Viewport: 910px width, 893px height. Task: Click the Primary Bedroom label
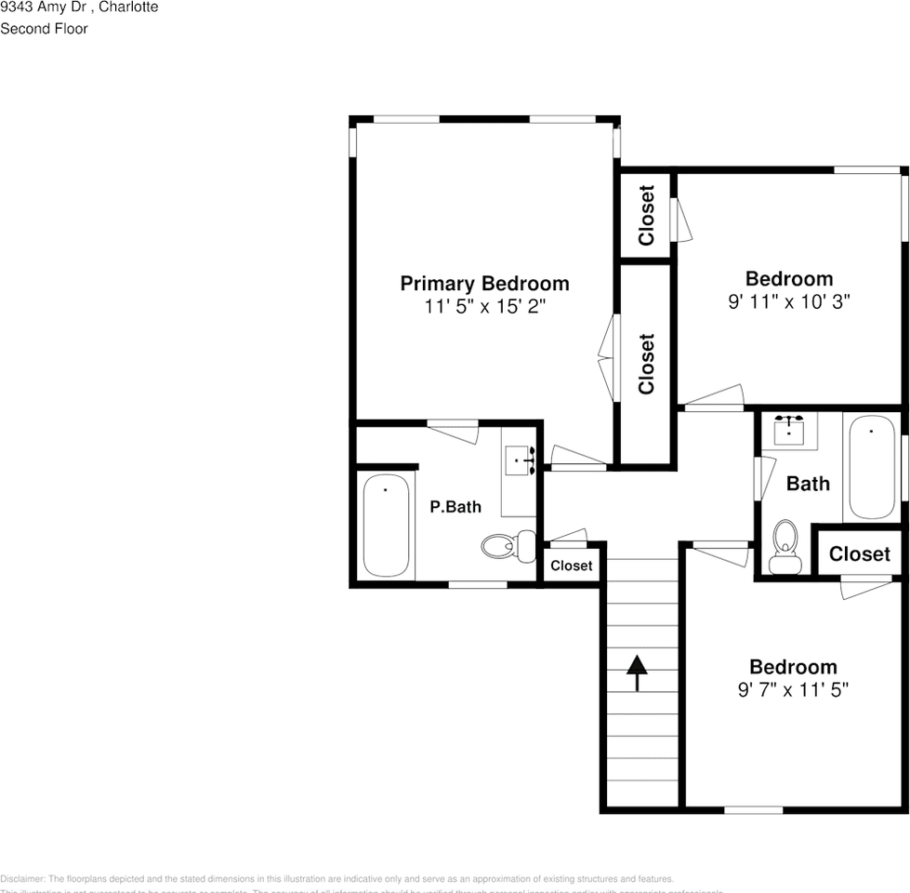click(484, 284)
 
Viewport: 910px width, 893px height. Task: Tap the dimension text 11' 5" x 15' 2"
click(484, 307)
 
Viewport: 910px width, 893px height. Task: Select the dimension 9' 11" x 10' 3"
click(789, 301)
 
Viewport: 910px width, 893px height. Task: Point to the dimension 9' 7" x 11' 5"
click(793, 690)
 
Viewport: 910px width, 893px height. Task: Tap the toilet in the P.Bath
click(508, 545)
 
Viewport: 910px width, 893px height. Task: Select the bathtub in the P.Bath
click(385, 526)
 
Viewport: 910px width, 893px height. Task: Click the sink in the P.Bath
click(520, 460)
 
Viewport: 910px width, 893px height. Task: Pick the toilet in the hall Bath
click(785, 547)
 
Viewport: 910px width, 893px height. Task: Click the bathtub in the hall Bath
click(872, 468)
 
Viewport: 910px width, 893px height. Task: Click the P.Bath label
click(455, 507)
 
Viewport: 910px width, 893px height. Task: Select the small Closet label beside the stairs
click(571, 566)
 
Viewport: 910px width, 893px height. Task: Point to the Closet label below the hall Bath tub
click(859, 554)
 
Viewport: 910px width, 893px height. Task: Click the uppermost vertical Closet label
click(647, 215)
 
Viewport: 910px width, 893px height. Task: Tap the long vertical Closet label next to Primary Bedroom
click(647, 364)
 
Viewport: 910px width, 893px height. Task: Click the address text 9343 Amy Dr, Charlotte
click(79, 7)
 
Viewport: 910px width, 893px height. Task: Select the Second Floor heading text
click(44, 29)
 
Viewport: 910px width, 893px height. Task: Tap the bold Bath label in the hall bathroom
click(808, 484)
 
